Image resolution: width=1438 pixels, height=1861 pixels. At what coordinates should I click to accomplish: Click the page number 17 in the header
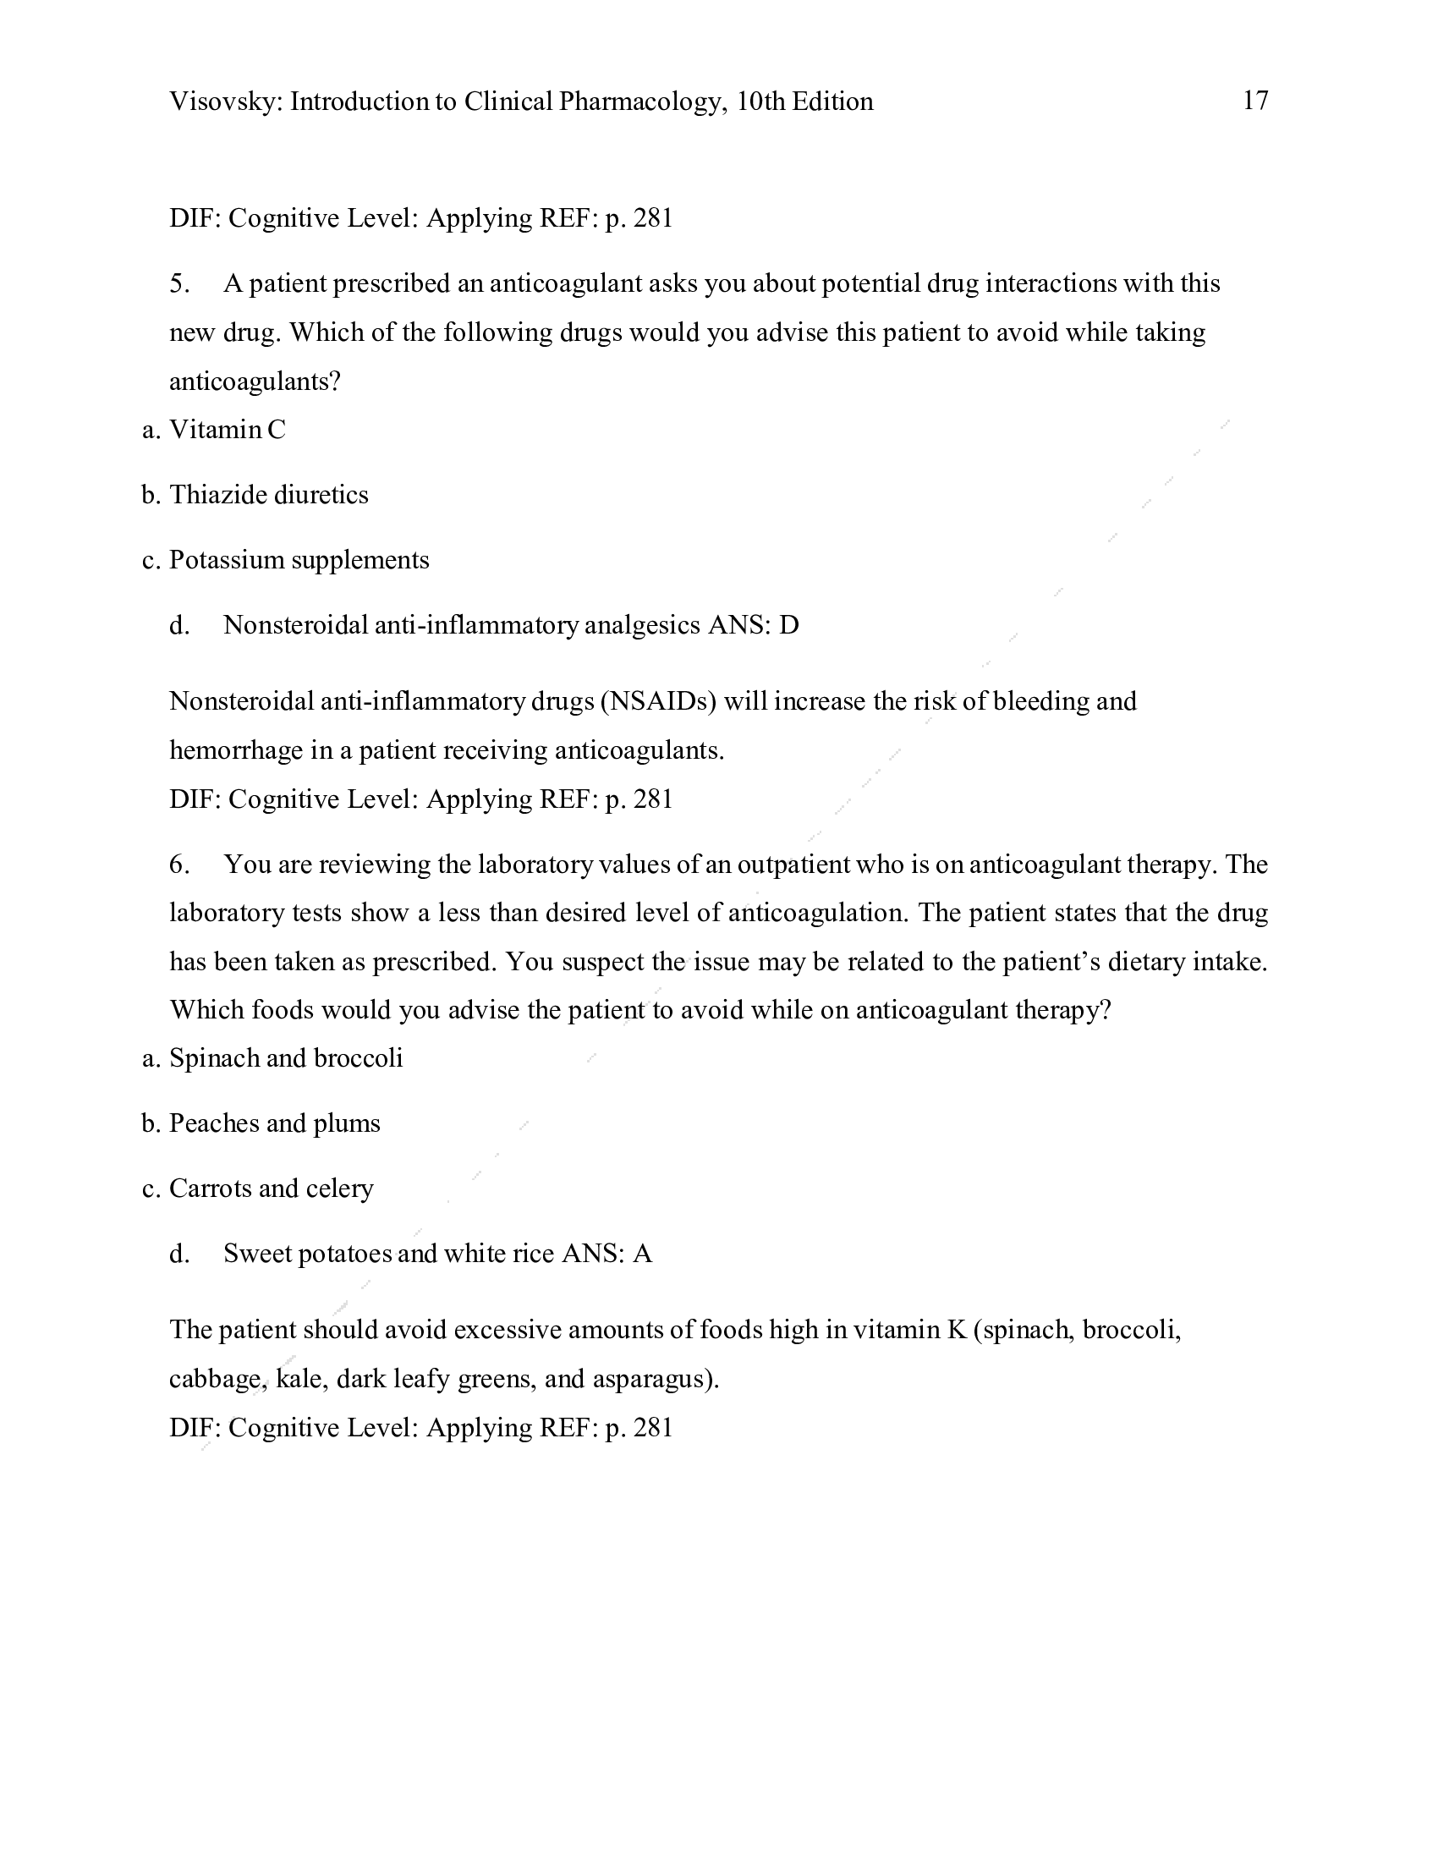coord(1254,101)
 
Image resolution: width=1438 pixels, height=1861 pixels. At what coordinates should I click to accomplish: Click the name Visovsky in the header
coord(224,102)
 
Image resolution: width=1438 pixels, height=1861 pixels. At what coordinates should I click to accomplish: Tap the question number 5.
coord(178,283)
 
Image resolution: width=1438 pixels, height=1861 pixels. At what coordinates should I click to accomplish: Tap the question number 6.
coord(178,865)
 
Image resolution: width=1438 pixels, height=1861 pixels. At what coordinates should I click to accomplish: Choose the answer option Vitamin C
coord(228,430)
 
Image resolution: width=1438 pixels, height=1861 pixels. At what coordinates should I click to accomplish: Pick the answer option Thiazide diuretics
coord(268,495)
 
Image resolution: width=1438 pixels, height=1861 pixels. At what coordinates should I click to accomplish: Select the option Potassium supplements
coord(299,561)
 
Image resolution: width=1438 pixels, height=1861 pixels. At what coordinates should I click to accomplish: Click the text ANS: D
coord(753,625)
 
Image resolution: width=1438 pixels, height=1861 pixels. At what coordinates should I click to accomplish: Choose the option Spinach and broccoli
coord(285,1058)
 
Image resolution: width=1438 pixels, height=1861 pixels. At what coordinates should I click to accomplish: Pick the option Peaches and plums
coord(274,1124)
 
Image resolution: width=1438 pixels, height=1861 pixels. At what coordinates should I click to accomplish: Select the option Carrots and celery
coord(271,1189)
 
